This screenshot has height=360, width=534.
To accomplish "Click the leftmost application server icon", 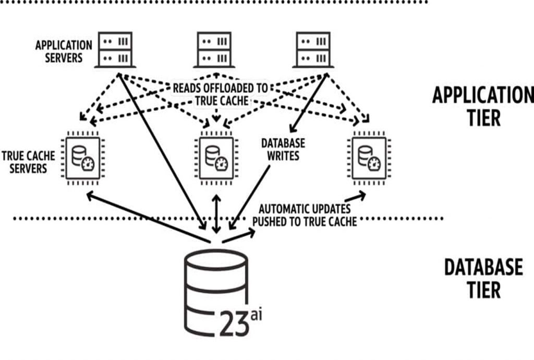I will tap(116, 50).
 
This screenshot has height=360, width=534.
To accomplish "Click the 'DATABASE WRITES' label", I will tap(284, 149).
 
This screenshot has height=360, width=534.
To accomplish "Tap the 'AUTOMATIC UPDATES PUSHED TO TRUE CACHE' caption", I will tap(305, 215).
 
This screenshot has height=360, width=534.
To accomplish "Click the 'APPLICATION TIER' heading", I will tap(480, 106).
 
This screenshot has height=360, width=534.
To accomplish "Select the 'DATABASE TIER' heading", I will tap(482, 278).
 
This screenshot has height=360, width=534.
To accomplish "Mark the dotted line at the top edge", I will tap(214, 2).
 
